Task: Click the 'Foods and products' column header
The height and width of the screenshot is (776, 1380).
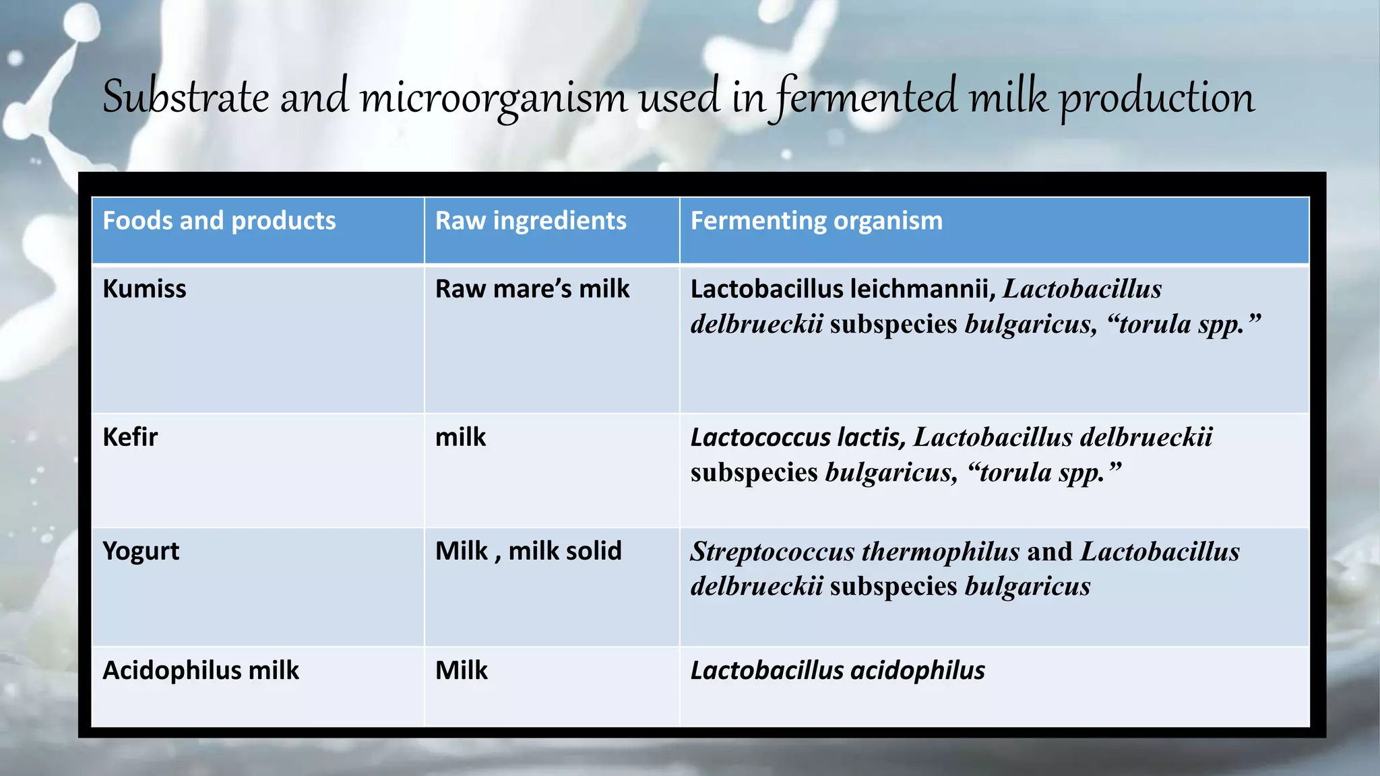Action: tap(219, 221)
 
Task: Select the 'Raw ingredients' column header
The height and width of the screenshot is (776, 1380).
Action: tap(530, 221)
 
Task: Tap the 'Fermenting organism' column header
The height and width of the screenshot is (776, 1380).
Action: tap(816, 221)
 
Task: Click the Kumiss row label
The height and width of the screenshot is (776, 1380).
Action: tap(144, 289)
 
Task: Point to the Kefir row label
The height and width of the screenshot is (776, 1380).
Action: tap(130, 437)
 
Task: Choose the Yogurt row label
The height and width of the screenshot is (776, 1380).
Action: tap(141, 552)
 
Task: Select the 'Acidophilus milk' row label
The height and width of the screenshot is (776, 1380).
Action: tap(200, 671)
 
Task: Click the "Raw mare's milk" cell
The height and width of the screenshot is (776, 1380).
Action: tap(532, 289)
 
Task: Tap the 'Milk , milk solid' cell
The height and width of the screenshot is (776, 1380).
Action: tap(528, 552)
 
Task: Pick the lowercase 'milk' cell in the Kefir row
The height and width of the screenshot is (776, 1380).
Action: tap(460, 438)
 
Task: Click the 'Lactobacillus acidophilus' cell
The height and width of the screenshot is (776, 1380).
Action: tap(838, 671)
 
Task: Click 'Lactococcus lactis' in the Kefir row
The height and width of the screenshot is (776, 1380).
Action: tap(797, 438)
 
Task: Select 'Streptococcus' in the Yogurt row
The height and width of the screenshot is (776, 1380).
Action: tap(772, 552)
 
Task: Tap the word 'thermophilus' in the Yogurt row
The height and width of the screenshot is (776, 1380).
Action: tap(941, 552)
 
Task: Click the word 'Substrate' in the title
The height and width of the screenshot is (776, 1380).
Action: tap(186, 98)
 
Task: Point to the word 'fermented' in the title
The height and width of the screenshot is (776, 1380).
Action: tap(865, 98)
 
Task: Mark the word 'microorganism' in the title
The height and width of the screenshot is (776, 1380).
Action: tap(493, 98)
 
